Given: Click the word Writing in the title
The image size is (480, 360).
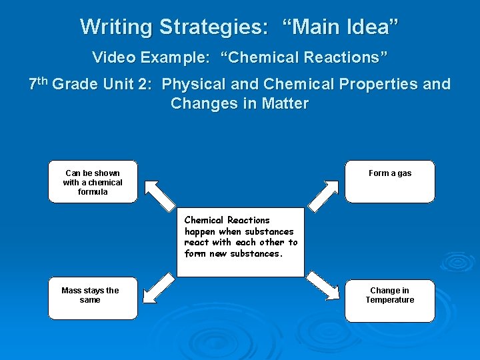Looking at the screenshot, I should pos(116,27).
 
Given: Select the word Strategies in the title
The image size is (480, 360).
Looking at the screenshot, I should pos(213,27).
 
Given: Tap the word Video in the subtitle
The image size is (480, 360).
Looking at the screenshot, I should pos(113,57).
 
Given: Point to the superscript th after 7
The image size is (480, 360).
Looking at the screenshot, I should pos(42,81).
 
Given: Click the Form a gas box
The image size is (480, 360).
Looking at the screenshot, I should pos(390,181).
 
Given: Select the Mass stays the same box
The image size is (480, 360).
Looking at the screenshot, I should pos(93,298).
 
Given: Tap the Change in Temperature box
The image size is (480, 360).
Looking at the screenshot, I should pos(390,301).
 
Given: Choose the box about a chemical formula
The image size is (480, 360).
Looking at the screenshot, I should pos(93,181).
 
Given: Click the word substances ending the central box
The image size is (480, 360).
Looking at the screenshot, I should pos(256,254).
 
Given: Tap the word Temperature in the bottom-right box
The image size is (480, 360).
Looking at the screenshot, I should pos(390,300).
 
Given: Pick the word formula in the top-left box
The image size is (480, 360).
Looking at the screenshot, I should pos(93,192).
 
